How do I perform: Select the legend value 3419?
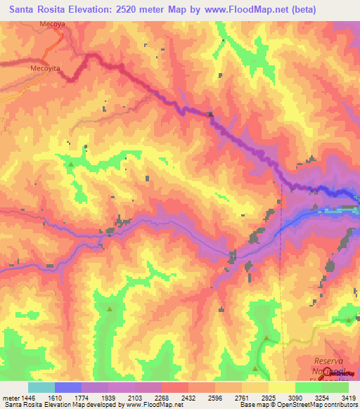tap(349, 398)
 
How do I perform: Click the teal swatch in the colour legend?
tap(41, 387)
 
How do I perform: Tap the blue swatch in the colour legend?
tap(68, 387)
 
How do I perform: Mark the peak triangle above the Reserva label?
tap(266, 339)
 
